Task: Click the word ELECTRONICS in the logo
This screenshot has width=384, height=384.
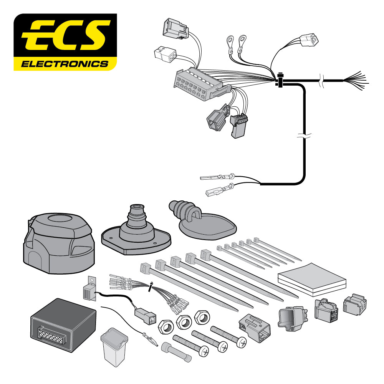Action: [x=65, y=63]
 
